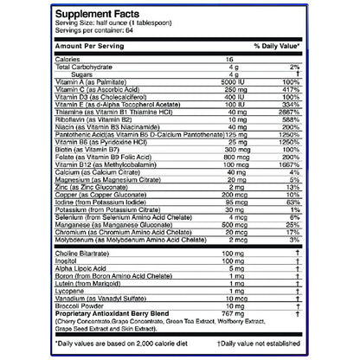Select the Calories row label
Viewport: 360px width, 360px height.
coord(68,59)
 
